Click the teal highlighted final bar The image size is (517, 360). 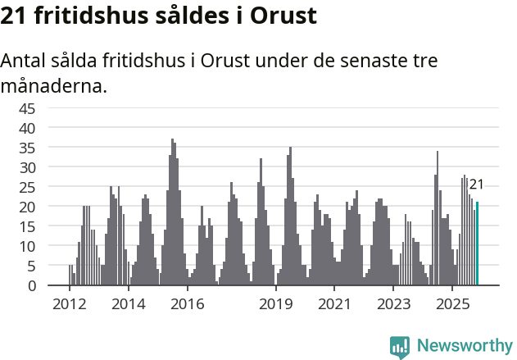478,244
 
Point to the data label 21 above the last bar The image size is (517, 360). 476,185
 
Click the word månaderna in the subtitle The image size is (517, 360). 54,85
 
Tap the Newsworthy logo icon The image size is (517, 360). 400,347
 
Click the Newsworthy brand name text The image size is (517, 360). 464,346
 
